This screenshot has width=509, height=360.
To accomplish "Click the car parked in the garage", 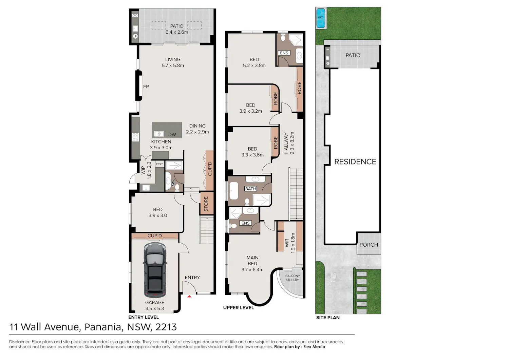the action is (x=155, y=270).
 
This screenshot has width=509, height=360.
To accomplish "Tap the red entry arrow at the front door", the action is (x=189, y=296).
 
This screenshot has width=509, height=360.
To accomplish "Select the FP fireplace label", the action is (x=146, y=87).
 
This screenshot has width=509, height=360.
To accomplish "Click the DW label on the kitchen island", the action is (x=172, y=135).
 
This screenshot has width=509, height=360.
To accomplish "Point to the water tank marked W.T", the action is (x=321, y=18).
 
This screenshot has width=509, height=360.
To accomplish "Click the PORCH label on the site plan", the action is (x=369, y=245).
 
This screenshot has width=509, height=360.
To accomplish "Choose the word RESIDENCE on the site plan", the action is (x=355, y=162).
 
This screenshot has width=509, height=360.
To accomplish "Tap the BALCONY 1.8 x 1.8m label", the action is (x=293, y=278).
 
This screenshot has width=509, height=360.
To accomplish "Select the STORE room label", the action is (x=206, y=204).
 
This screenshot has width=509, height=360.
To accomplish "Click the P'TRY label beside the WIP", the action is (x=159, y=164).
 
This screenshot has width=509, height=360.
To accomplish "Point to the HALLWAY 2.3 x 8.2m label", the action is (x=289, y=143).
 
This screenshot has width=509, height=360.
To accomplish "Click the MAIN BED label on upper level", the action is (x=252, y=261).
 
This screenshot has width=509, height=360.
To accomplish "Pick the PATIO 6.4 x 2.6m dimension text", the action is (x=176, y=32).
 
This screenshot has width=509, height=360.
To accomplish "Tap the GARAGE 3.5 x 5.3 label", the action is (x=154, y=305).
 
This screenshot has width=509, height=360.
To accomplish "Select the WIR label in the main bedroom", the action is (x=287, y=243).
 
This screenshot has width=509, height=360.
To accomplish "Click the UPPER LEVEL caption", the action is (x=238, y=307).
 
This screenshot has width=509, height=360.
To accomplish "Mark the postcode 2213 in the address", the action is (x=166, y=327).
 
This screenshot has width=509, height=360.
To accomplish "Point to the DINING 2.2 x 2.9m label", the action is (x=197, y=129).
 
